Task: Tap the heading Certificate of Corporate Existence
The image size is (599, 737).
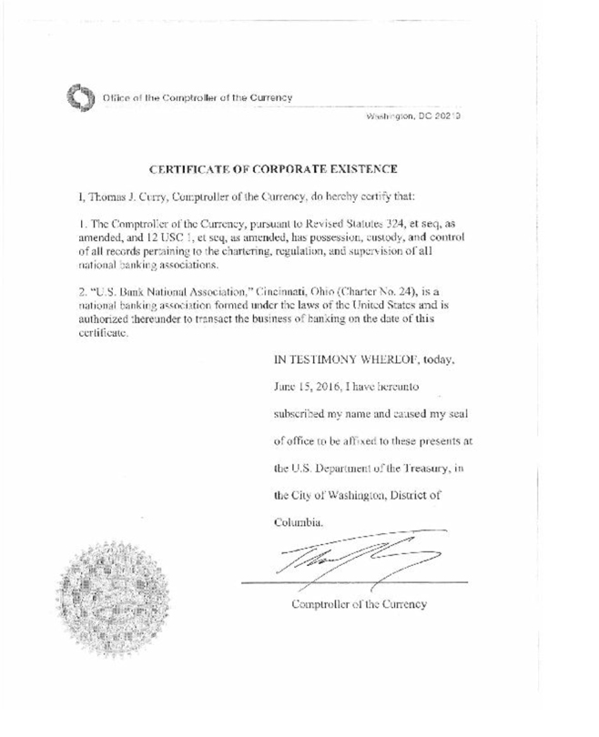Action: [272, 169]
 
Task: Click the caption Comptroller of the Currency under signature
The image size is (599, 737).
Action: [359, 604]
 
